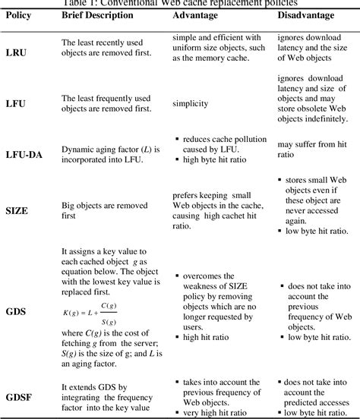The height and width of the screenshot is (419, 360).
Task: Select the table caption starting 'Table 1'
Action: coord(181,3)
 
